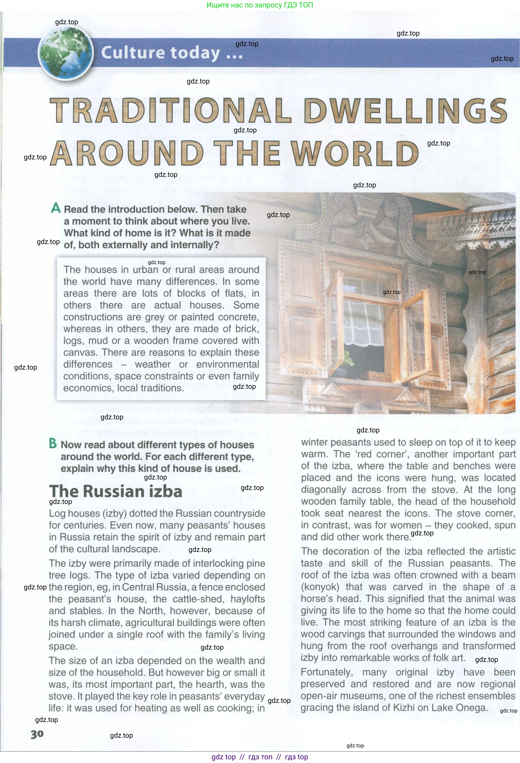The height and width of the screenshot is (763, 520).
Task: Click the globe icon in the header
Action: click(66, 53)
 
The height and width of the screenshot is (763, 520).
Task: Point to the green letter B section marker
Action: click(53, 444)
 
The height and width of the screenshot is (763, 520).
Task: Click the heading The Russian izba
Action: click(115, 492)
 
